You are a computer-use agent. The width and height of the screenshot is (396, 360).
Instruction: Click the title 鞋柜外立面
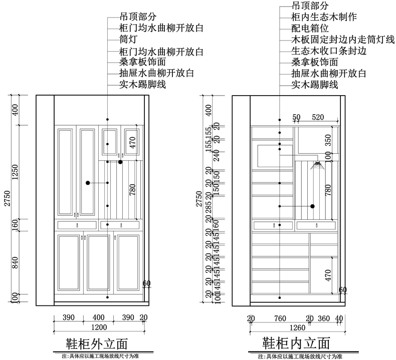[x=97, y=344]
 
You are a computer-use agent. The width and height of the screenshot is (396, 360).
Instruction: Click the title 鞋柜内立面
[x=296, y=343]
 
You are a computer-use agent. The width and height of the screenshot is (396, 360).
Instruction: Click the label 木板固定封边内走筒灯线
[x=342, y=40]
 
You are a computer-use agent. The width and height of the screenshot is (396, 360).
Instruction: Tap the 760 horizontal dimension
[x=280, y=318]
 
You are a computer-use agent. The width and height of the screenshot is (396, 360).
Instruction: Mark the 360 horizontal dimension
[x=324, y=318]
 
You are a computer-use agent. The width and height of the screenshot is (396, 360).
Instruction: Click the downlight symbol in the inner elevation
[x=317, y=165]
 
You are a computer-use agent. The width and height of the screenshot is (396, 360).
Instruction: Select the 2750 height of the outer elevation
[x=6, y=198]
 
